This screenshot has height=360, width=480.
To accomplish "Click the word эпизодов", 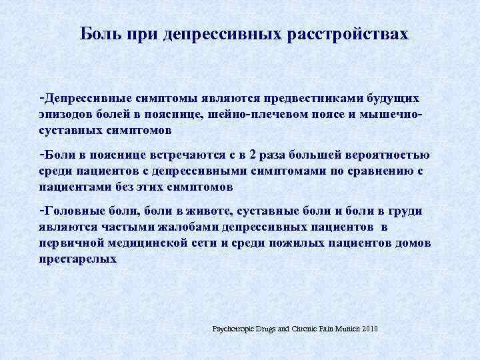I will click(x=63, y=113).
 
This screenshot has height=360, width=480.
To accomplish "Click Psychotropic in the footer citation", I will click(x=234, y=329).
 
